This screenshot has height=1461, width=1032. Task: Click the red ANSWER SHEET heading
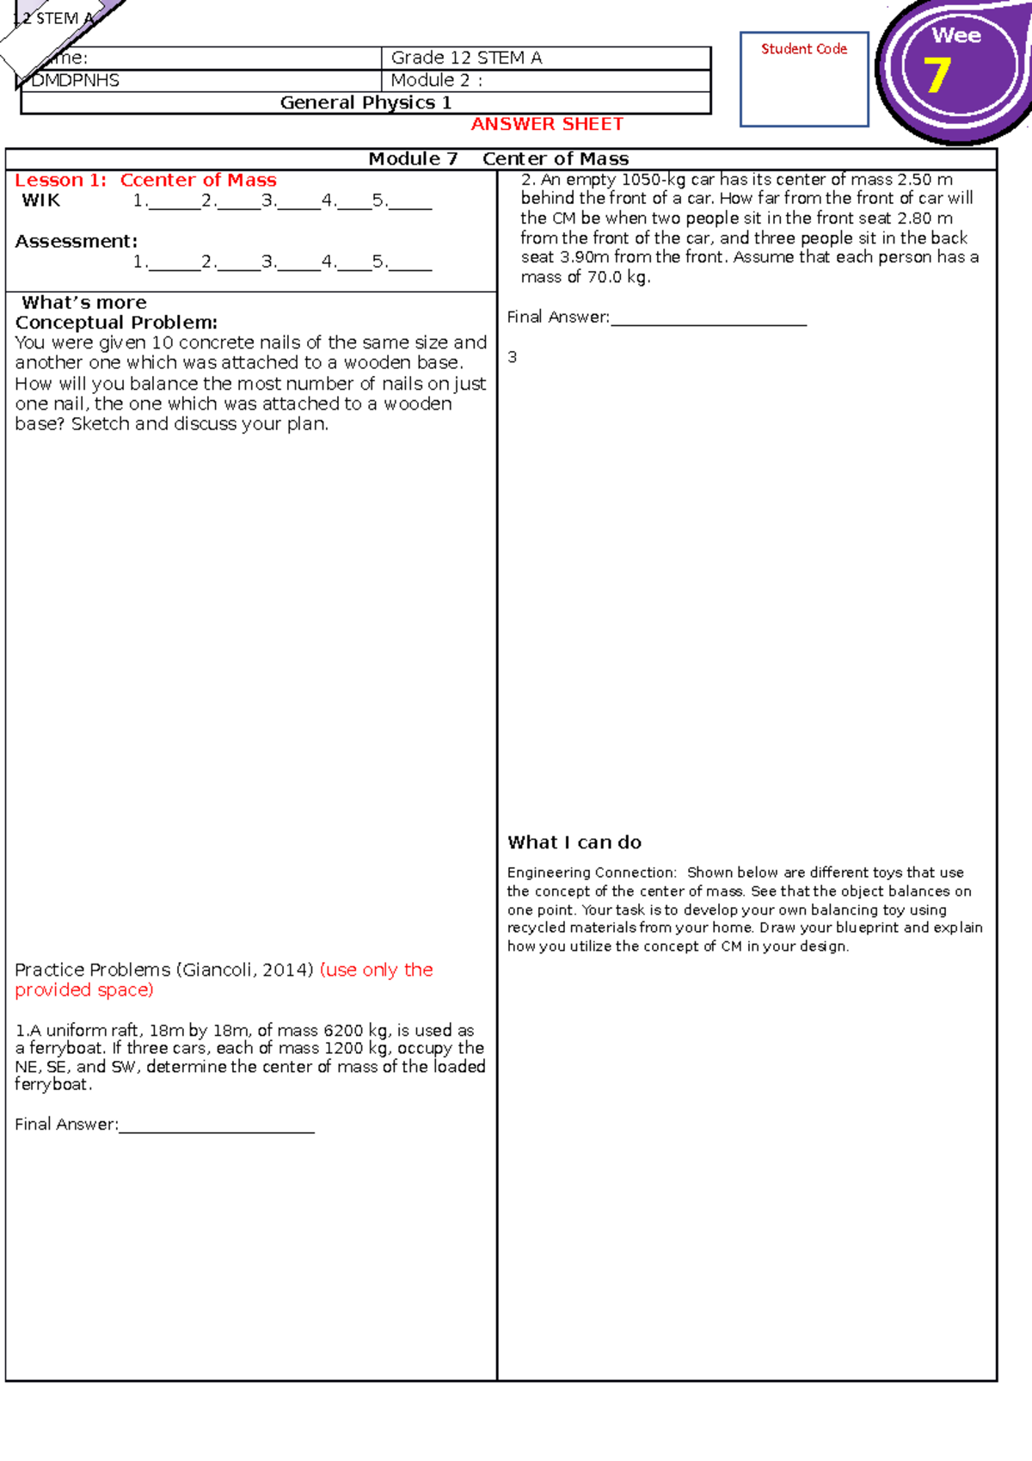[547, 125]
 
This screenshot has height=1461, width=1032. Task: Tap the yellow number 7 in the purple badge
[937, 75]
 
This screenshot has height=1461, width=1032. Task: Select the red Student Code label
[804, 49]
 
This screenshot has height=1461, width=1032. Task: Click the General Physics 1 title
[365, 103]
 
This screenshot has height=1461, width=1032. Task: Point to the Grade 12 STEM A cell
[466, 58]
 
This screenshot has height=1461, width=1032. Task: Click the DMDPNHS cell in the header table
[76, 81]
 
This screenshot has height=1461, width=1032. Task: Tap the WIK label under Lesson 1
[41, 200]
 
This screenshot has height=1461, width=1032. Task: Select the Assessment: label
[76, 242]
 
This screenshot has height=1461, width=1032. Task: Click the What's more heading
[84, 303]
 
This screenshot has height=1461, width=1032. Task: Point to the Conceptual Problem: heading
[116, 323]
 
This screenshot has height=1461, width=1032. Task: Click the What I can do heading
[574, 842]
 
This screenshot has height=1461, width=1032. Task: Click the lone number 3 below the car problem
[513, 357]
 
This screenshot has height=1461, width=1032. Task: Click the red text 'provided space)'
[84, 990]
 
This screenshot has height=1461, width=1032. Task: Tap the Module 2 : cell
[437, 81]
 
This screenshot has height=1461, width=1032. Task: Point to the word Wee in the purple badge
[956, 36]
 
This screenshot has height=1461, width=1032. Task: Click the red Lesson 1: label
[61, 181]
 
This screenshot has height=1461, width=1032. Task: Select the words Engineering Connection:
[592, 872]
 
